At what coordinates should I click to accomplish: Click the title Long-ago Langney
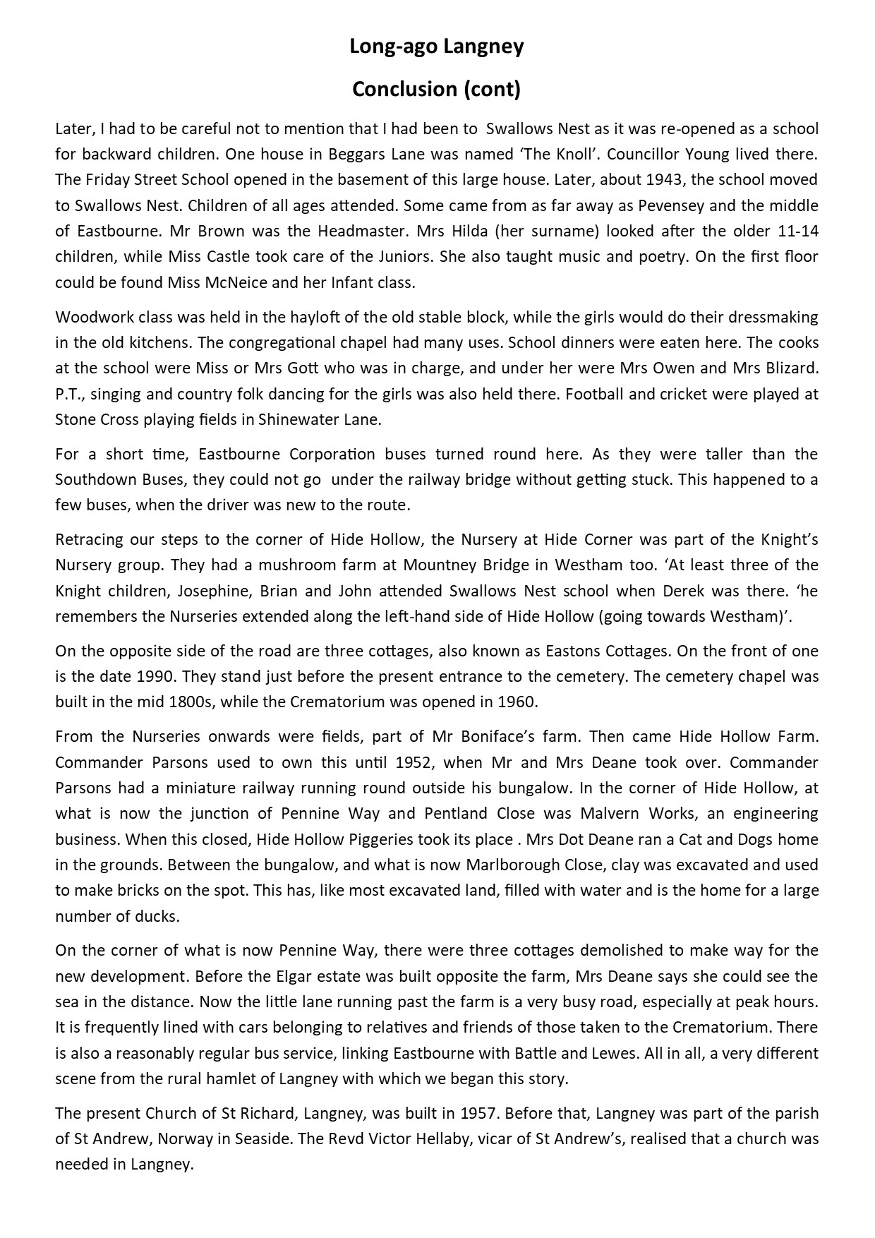[437, 47]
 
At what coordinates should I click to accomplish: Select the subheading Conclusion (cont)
[437, 90]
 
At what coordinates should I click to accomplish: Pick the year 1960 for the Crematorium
[517, 702]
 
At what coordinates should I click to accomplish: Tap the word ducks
[162, 916]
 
